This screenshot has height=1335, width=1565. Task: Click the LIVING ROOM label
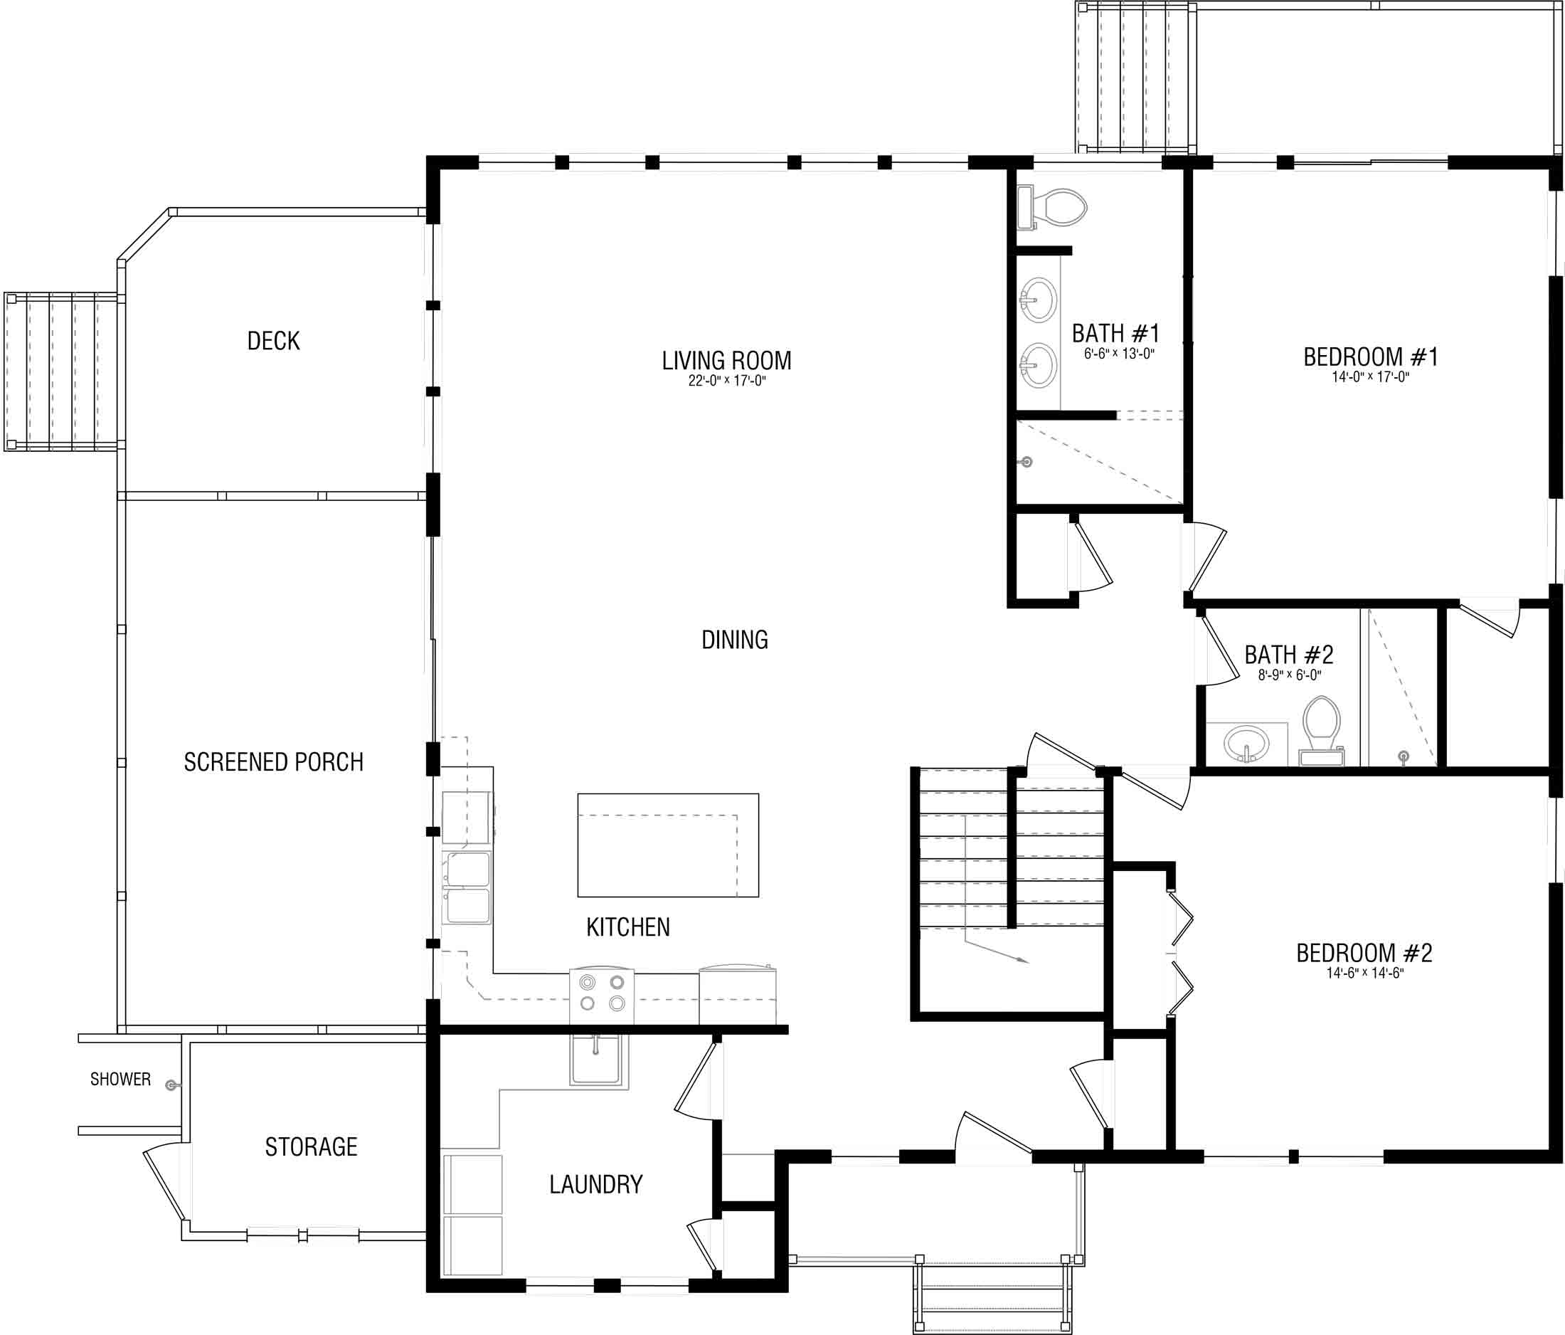[726, 360]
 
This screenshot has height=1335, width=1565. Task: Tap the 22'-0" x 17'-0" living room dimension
[726, 381]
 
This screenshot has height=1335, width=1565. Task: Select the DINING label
[735, 640]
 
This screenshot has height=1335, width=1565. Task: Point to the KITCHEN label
[628, 927]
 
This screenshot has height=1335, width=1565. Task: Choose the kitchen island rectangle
[669, 845]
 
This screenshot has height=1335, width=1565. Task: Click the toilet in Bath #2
[1321, 731]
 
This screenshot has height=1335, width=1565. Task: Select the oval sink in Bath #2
[1246, 744]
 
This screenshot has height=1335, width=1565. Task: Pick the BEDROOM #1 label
[1371, 357]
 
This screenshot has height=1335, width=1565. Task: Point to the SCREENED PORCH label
[273, 761]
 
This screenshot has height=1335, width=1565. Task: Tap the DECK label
[273, 341]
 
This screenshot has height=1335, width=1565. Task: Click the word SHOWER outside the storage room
[120, 1079]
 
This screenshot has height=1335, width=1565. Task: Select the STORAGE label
[311, 1147]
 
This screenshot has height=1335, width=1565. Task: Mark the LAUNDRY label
[596, 1184]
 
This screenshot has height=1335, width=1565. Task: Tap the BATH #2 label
[1288, 654]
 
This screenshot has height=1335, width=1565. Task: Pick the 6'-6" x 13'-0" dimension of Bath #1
[1120, 354]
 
